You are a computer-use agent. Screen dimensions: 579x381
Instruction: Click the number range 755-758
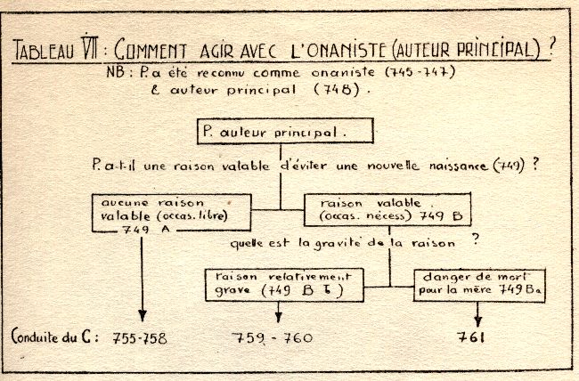[x=140, y=338]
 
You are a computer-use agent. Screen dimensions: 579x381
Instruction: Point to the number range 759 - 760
[x=273, y=337]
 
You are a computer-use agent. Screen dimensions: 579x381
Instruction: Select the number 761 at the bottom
[x=470, y=336]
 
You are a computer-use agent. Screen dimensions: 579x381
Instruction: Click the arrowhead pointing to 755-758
[x=143, y=316]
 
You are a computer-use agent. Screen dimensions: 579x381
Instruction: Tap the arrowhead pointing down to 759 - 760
[x=279, y=317]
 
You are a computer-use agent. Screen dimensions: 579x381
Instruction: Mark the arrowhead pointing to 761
[x=477, y=320]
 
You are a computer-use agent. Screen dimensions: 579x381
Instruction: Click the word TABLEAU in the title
[x=44, y=51]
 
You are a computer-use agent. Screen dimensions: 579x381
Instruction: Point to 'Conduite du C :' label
[x=55, y=336]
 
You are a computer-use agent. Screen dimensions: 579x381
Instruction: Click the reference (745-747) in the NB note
[x=420, y=71]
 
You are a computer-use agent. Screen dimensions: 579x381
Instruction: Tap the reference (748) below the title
[x=337, y=89]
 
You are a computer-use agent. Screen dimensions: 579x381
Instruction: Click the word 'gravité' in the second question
[x=337, y=244]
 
